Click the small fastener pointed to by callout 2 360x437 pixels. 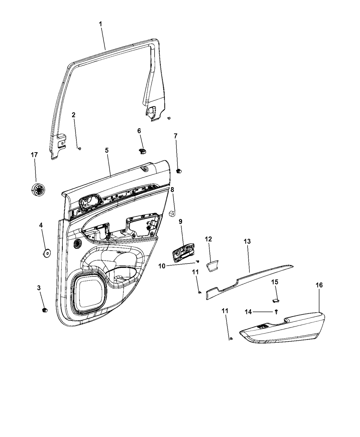[x=79, y=148]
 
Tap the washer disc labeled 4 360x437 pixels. [x=46, y=253]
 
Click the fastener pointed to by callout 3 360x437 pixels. [x=45, y=310]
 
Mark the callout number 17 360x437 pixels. [x=34, y=155]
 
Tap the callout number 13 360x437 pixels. [x=247, y=241]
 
